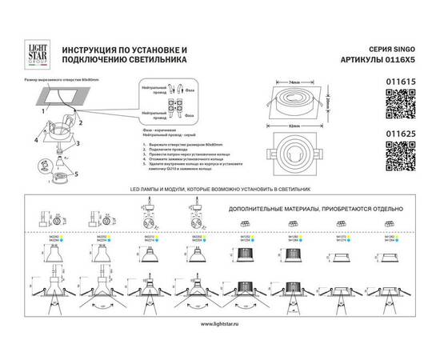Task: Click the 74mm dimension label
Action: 294,82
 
